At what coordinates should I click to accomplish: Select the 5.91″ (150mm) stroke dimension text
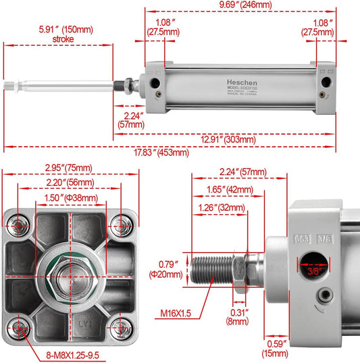click(x=67, y=33)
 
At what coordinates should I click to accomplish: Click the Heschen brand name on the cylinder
click(x=242, y=80)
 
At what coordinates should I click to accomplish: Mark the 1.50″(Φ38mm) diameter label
click(x=71, y=197)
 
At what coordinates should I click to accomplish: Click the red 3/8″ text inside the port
click(x=313, y=270)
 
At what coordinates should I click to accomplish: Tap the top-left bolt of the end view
click(x=20, y=224)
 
